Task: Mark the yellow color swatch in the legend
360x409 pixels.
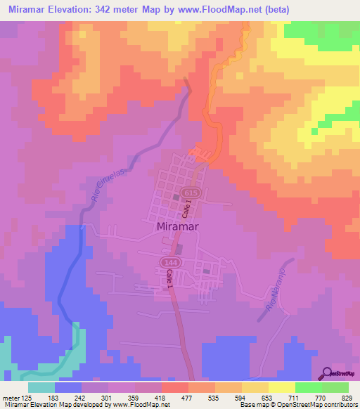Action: tap(281, 387)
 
